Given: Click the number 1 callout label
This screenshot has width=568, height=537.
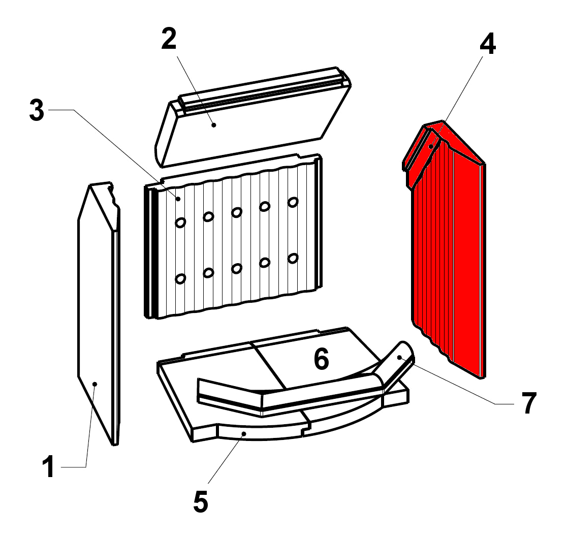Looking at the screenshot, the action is point(49,467).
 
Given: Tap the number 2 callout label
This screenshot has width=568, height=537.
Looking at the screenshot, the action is point(169,39).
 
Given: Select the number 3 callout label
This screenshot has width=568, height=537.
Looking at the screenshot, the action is point(37,110).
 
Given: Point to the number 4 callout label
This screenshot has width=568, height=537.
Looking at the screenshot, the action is point(488,44).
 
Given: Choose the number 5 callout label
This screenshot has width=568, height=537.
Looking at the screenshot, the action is point(201,501).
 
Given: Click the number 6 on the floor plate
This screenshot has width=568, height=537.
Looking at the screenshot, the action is point(321,359).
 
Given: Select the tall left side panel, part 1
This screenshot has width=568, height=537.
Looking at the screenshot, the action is point(99,313).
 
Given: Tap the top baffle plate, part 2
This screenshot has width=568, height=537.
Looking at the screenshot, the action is point(253,117).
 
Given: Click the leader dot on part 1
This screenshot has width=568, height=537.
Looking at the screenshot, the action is point(95,384).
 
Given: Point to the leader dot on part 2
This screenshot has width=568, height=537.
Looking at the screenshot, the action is point(214,125).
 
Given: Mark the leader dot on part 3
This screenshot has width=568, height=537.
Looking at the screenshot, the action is point(178,199).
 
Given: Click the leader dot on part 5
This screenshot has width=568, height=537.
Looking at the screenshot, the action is point(244,433).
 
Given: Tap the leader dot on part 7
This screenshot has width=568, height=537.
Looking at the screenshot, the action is point(399,358).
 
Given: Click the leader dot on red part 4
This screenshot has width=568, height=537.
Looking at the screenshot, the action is point(431,146).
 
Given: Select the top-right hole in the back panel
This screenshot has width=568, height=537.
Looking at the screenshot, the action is point(293,202).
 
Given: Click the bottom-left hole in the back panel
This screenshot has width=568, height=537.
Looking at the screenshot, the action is point(180,278).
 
